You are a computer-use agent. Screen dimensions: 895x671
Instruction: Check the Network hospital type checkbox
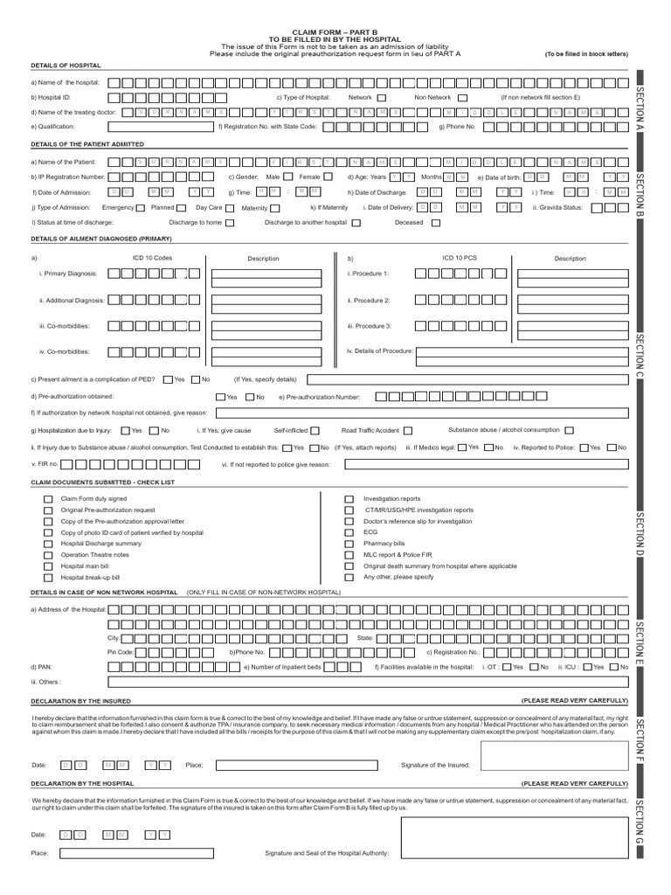pyautogui.click(x=382, y=98)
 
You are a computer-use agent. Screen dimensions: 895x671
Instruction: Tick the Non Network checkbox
pyautogui.click(x=463, y=98)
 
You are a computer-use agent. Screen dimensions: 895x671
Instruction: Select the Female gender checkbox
pyautogui.click(x=329, y=177)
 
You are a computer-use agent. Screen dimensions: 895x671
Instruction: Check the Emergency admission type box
pyautogui.click(x=141, y=208)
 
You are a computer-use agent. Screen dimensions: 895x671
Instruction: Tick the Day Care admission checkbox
pyautogui.click(x=229, y=208)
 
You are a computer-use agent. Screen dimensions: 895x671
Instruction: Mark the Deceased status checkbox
pyautogui.click(x=436, y=223)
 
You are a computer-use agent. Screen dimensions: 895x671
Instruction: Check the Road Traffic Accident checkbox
pyautogui.click(x=407, y=431)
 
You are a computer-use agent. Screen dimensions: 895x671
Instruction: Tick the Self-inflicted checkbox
pyautogui.click(x=315, y=431)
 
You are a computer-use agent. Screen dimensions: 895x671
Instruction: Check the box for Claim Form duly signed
pyautogui.click(x=48, y=498)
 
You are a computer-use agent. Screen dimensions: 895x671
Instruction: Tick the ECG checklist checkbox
pyautogui.click(x=349, y=532)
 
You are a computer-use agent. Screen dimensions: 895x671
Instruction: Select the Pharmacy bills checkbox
pyautogui.click(x=349, y=544)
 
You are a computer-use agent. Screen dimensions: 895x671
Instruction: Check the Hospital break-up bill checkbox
pyautogui.click(x=48, y=578)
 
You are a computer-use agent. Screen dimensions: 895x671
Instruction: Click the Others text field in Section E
pyautogui.click(x=367, y=682)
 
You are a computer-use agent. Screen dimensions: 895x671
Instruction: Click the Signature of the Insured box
pyautogui.click(x=550, y=765)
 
